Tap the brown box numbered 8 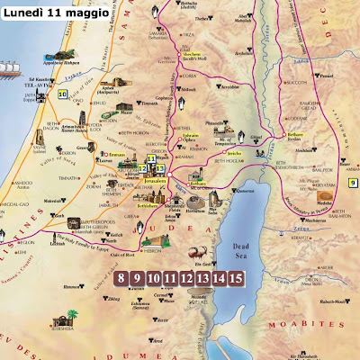(x=123, y=277)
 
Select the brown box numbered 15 (x=236, y=277)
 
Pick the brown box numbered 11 (x=172, y=277)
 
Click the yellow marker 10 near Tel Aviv (x=63, y=94)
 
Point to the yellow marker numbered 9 (x=352, y=183)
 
